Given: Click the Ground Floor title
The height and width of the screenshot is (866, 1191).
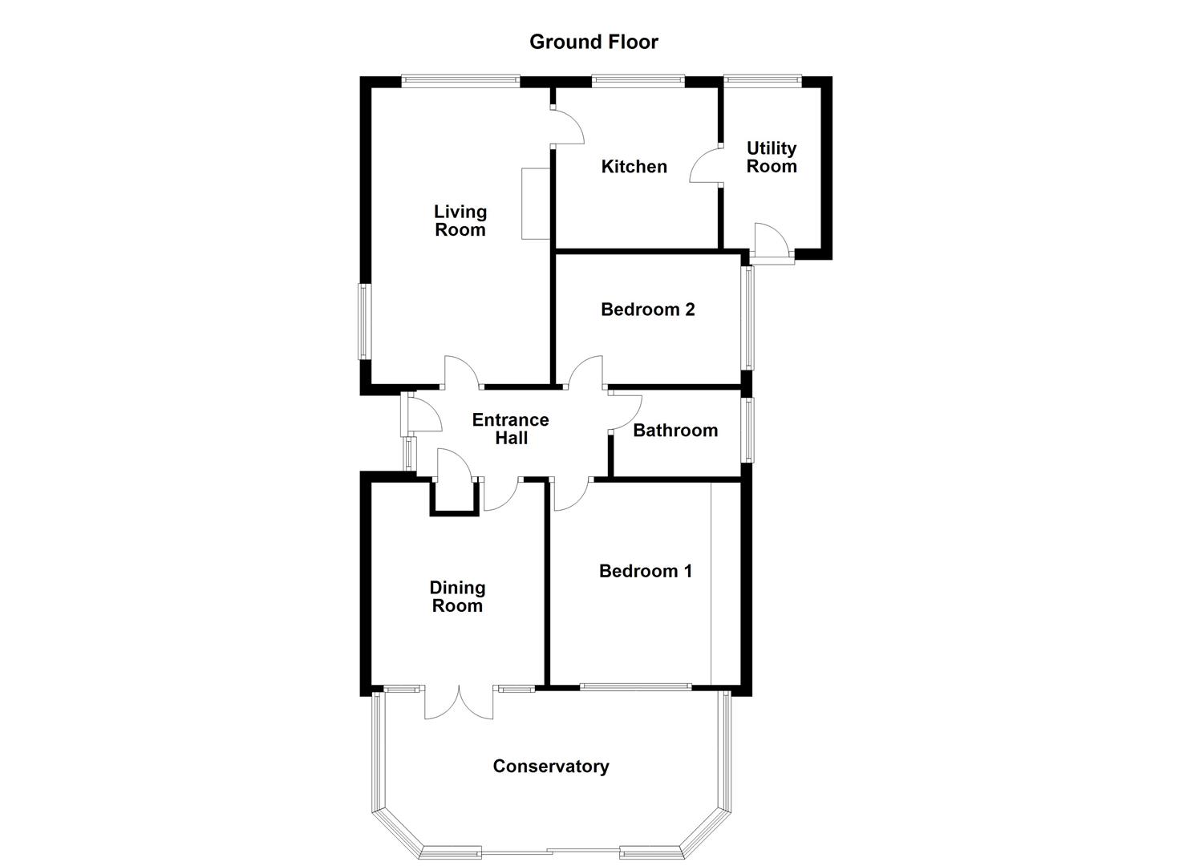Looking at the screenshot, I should tap(593, 42).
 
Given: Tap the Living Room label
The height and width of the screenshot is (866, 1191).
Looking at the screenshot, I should tap(460, 221).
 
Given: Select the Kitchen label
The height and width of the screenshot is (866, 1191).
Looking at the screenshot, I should tap(634, 167).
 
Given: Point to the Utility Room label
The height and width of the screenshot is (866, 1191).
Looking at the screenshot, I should tap(772, 157).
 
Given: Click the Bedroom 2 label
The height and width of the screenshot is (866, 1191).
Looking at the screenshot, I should tap(647, 310).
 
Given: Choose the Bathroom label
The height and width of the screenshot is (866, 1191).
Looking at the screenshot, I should tap(675, 431).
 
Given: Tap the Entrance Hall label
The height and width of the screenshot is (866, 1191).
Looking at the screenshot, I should tap(510, 429).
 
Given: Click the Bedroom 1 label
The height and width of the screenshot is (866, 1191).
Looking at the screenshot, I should tap(645, 571).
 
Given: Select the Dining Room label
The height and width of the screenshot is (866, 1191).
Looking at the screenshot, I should tap(457, 597).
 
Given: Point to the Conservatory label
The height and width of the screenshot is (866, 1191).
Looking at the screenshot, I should tap(550, 767).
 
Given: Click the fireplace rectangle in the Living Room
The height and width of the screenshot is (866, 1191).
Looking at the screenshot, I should tap(535, 204).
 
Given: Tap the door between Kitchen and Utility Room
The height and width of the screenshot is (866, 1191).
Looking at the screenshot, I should tap(704, 166).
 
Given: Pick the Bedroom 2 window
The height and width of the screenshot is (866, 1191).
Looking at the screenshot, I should tap(747, 318).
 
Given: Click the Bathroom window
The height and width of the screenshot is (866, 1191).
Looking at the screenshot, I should tap(747, 431).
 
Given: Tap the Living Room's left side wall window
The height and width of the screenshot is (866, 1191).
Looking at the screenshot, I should tap(363, 322).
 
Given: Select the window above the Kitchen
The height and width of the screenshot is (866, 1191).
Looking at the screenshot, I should tap(638, 80).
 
